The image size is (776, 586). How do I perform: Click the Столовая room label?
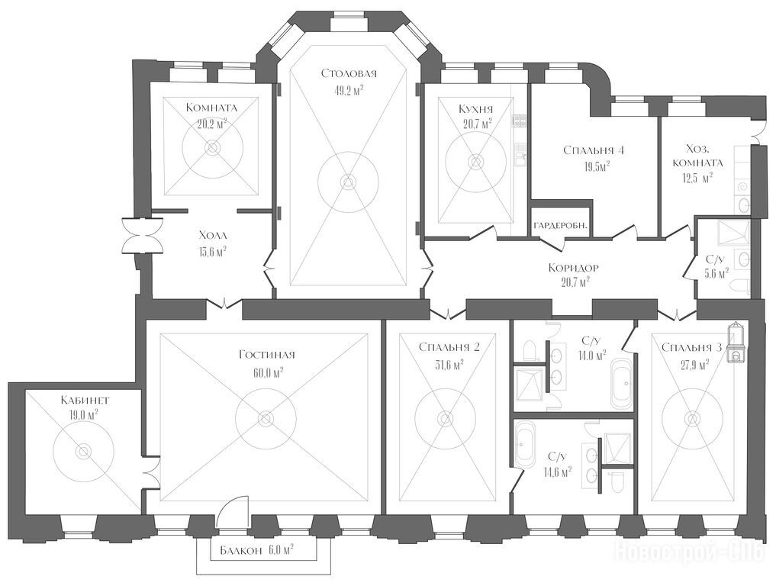349,74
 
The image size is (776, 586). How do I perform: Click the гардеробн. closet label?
561,225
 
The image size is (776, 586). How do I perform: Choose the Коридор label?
573,268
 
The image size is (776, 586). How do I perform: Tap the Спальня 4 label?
594,150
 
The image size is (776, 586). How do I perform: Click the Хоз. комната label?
698,155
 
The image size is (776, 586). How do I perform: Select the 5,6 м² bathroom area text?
716,272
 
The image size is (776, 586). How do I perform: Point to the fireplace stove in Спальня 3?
736,343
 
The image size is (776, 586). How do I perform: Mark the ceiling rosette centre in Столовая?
349,182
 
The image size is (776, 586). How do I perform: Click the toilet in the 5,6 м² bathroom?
740,287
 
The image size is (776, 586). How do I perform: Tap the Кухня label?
475,109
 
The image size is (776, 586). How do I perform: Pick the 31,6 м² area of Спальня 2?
449,365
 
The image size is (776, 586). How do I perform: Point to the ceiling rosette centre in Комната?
213,147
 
